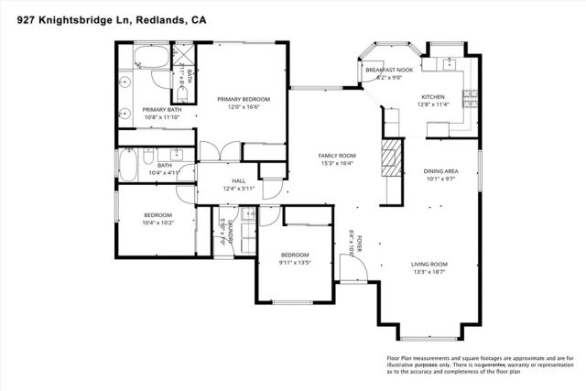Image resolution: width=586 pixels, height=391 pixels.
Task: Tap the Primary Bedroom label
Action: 243,99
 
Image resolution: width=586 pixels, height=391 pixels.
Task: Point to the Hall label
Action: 239,180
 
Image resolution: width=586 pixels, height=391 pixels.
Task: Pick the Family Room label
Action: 336,156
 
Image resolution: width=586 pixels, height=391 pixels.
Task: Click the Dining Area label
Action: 440,171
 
